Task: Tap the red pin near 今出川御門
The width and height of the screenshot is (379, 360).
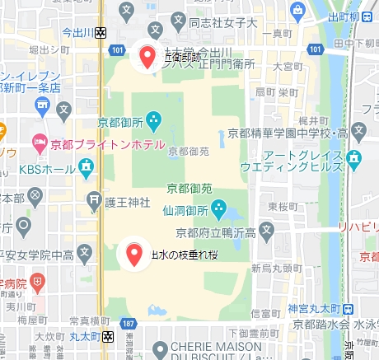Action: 147,57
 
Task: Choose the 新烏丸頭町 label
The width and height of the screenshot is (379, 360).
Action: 273,268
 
